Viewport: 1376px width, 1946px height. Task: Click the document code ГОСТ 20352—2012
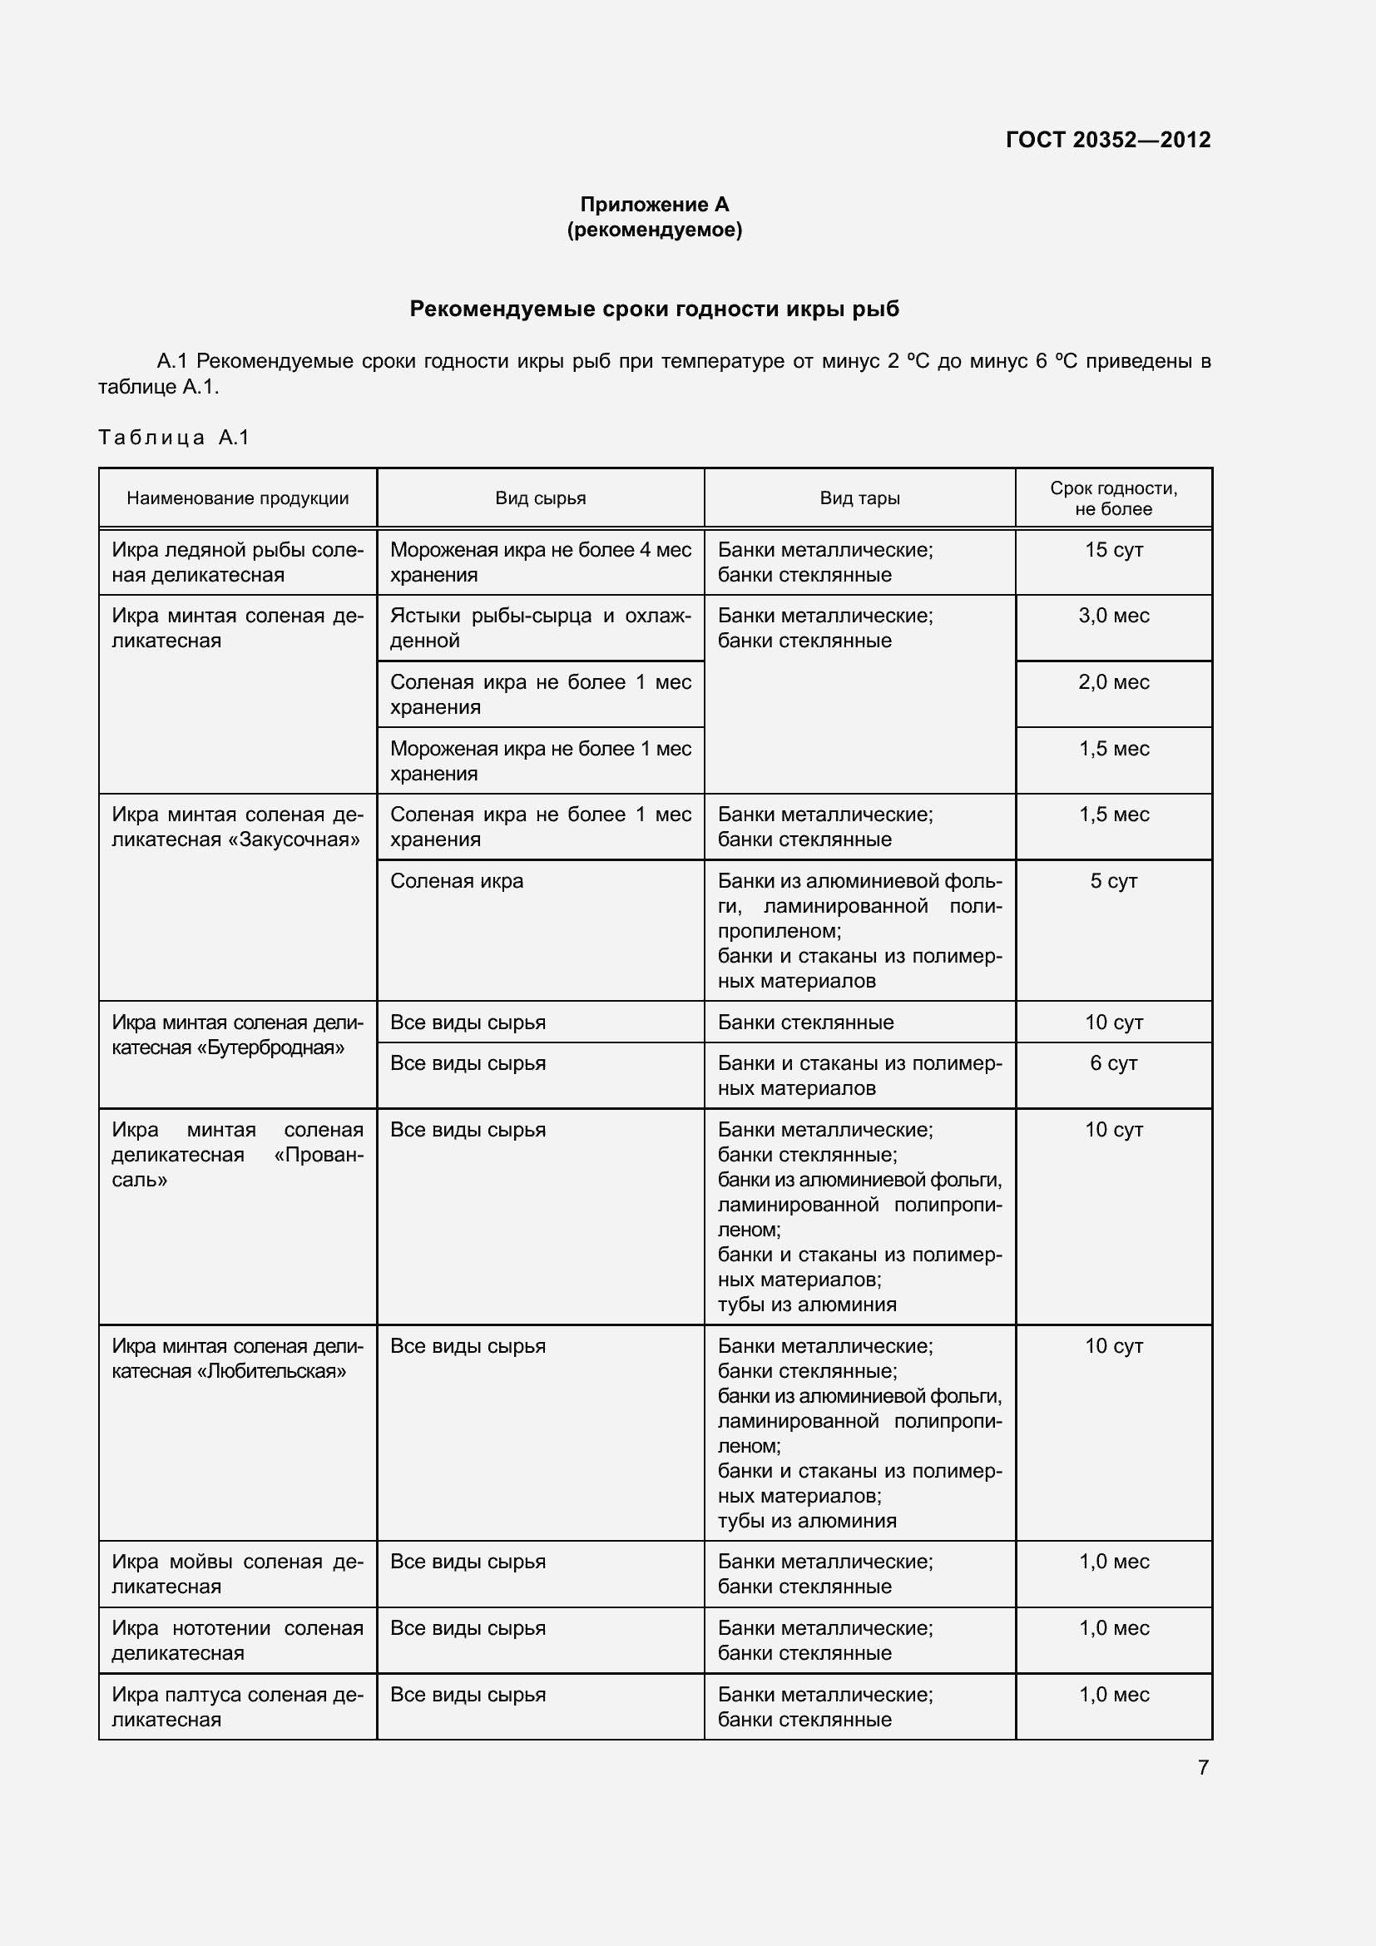coord(1107,140)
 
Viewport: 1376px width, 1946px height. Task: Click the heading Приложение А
coord(654,205)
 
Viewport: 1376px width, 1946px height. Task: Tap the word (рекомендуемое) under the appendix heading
coord(654,230)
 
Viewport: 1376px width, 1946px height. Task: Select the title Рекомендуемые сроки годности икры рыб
coord(654,309)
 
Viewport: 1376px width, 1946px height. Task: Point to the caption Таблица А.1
coord(174,438)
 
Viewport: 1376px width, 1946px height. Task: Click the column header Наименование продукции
coord(237,498)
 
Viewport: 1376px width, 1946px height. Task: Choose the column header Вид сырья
coord(541,498)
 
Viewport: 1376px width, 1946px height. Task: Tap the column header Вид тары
coord(859,498)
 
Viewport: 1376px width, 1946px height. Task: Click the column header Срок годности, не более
coord(1113,498)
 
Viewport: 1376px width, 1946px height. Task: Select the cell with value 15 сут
coord(1113,550)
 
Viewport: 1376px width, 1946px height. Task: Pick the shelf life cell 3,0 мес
coord(1113,616)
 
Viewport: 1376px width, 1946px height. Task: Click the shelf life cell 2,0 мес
coord(1113,682)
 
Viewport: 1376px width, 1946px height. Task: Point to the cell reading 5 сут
coord(1113,881)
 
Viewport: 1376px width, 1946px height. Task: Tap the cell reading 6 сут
coord(1113,1064)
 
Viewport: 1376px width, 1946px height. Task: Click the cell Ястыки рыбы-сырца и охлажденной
coord(541,628)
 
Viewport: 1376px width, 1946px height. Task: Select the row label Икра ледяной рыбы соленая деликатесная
coord(237,562)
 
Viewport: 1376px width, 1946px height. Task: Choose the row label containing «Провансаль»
coord(237,1155)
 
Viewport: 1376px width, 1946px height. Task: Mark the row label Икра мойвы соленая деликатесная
coord(237,1574)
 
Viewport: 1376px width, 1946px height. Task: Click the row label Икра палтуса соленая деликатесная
coord(237,1707)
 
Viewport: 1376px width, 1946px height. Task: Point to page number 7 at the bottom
coord(1202,1767)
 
